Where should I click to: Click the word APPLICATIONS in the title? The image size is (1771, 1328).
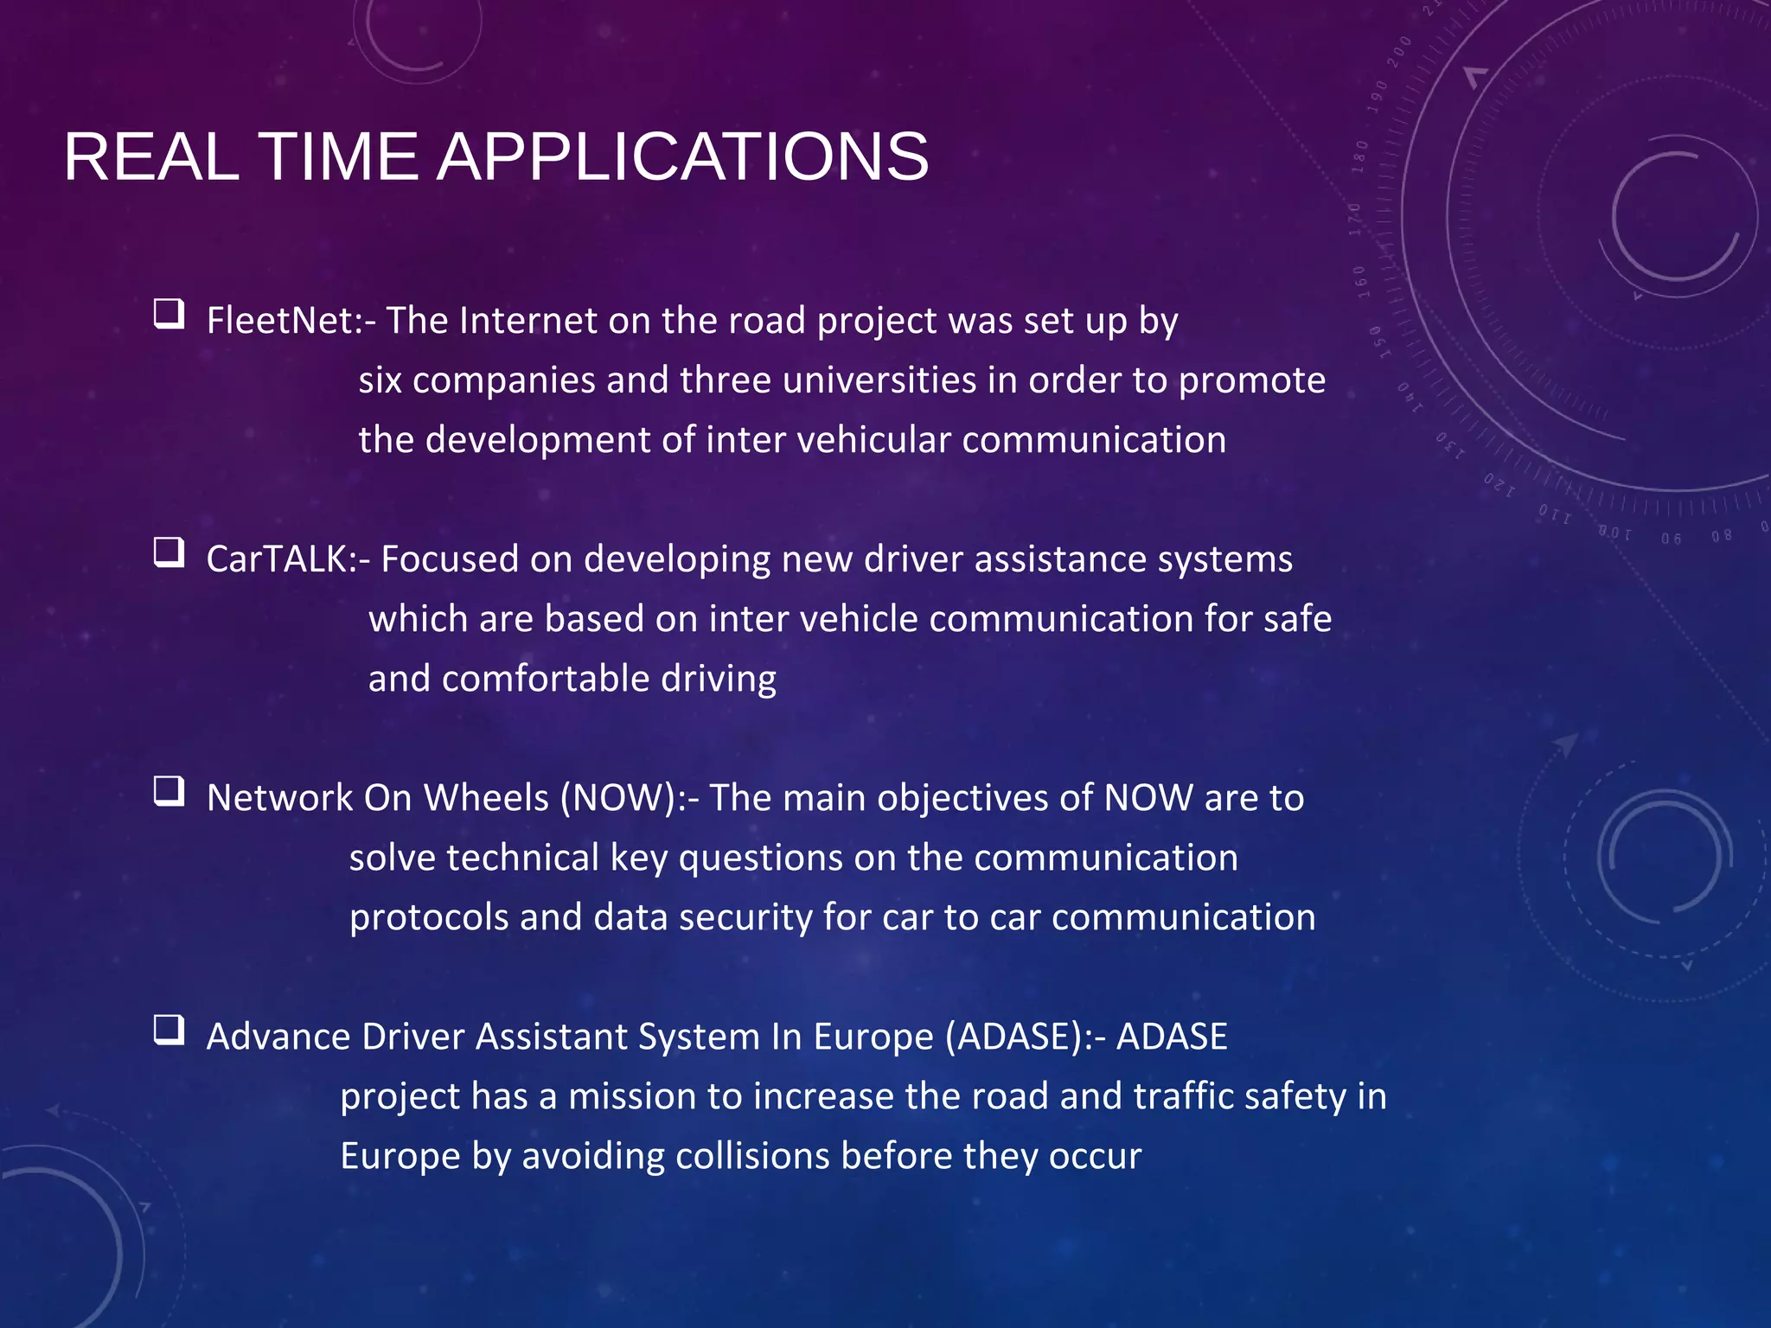(x=682, y=157)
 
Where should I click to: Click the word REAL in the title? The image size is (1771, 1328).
(x=151, y=157)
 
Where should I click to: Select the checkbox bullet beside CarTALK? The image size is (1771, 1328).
(x=169, y=552)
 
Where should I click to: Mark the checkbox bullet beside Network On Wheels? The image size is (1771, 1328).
(x=169, y=790)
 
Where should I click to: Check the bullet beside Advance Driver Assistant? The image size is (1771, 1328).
(x=169, y=1029)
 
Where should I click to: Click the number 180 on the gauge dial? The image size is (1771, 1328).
(x=1360, y=156)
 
